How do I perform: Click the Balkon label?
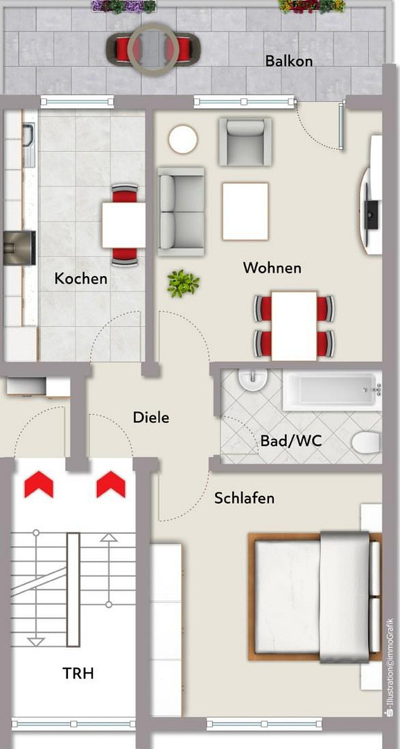(x=289, y=61)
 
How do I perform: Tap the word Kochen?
(x=80, y=278)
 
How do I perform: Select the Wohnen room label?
(x=272, y=268)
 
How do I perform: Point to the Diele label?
(x=151, y=417)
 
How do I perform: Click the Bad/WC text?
(x=291, y=440)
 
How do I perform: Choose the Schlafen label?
(x=245, y=498)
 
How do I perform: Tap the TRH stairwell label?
(x=78, y=673)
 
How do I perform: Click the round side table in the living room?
(x=183, y=139)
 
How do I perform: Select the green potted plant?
(x=183, y=284)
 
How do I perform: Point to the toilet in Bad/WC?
(x=367, y=442)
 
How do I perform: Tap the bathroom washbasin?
(x=253, y=379)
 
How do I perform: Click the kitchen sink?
(x=28, y=145)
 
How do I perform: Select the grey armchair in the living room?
(x=245, y=141)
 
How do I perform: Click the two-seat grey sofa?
(x=181, y=211)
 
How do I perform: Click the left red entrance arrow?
(x=39, y=484)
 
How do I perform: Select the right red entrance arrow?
(x=111, y=484)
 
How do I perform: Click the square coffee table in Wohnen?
(x=245, y=211)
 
